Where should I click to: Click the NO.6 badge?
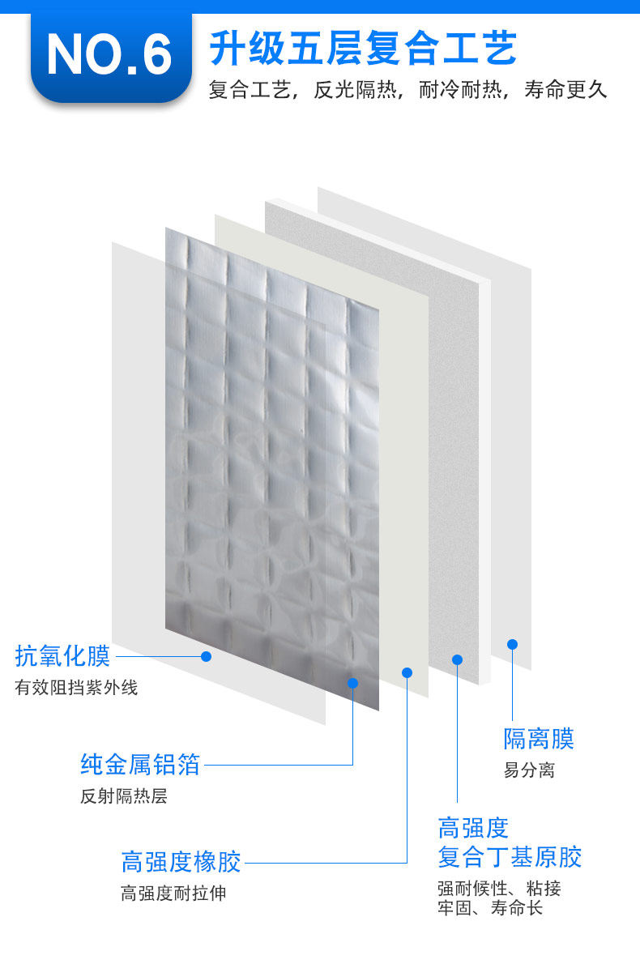pyautogui.click(x=109, y=55)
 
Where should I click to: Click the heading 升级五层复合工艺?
pyautogui.click(x=363, y=49)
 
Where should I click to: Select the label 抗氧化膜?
pyautogui.click(x=62, y=655)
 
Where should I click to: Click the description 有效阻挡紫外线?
pyautogui.click(x=76, y=688)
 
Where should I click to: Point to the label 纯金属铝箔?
pyautogui.click(x=140, y=763)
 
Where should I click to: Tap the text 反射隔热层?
pyautogui.click(x=124, y=796)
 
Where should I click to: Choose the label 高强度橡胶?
pyautogui.click(x=181, y=861)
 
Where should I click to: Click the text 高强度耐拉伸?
pyautogui.click(x=173, y=894)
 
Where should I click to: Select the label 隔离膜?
pyautogui.click(x=539, y=738)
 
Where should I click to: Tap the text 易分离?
pyautogui.click(x=529, y=770)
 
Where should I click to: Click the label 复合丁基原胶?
pyautogui.click(x=510, y=856)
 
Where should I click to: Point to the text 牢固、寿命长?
pyautogui.click(x=490, y=908)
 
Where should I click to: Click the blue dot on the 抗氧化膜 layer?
pyautogui.click(x=206, y=656)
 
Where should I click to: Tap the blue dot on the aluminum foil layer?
pyautogui.click(x=352, y=683)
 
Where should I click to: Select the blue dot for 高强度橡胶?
pyautogui.click(x=407, y=672)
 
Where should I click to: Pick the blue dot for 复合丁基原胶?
pyautogui.click(x=457, y=659)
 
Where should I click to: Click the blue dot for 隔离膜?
pyautogui.click(x=512, y=644)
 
